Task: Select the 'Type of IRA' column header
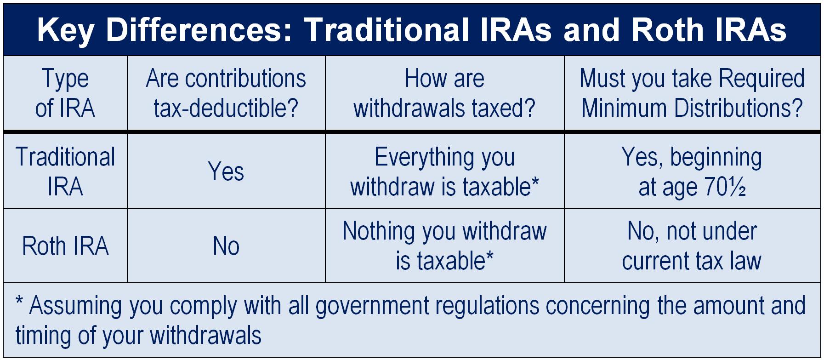tap(65, 93)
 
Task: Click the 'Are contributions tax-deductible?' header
tap(226, 93)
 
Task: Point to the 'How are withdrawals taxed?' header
tap(444, 93)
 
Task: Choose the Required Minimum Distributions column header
tap(692, 93)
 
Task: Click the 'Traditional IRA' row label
tap(65, 171)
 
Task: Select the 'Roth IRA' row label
tap(65, 246)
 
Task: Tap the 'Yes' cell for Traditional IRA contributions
tap(226, 171)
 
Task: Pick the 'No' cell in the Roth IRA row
tap(226, 246)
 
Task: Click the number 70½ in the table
tap(725, 187)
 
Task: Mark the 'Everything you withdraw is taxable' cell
tap(444, 171)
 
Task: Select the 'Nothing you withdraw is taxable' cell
tap(444, 246)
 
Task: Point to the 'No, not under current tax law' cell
tap(692, 246)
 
